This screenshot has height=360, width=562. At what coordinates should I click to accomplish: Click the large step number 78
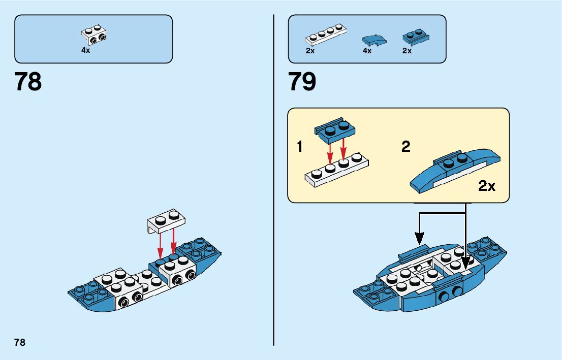point(28,82)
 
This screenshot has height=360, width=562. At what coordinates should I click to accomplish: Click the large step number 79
point(302,82)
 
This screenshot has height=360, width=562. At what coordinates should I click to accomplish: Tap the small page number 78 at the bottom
point(20,342)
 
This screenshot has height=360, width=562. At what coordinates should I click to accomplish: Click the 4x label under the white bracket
point(85,51)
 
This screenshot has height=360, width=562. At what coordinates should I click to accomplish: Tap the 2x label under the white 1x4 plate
point(310,51)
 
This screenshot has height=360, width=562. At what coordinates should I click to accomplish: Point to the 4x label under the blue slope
point(367,51)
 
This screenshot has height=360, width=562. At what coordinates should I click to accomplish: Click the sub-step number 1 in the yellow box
point(300,147)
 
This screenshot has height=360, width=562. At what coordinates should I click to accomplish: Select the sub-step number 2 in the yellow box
point(405,147)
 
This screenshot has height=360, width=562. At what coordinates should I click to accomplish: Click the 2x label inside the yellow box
point(487,186)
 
